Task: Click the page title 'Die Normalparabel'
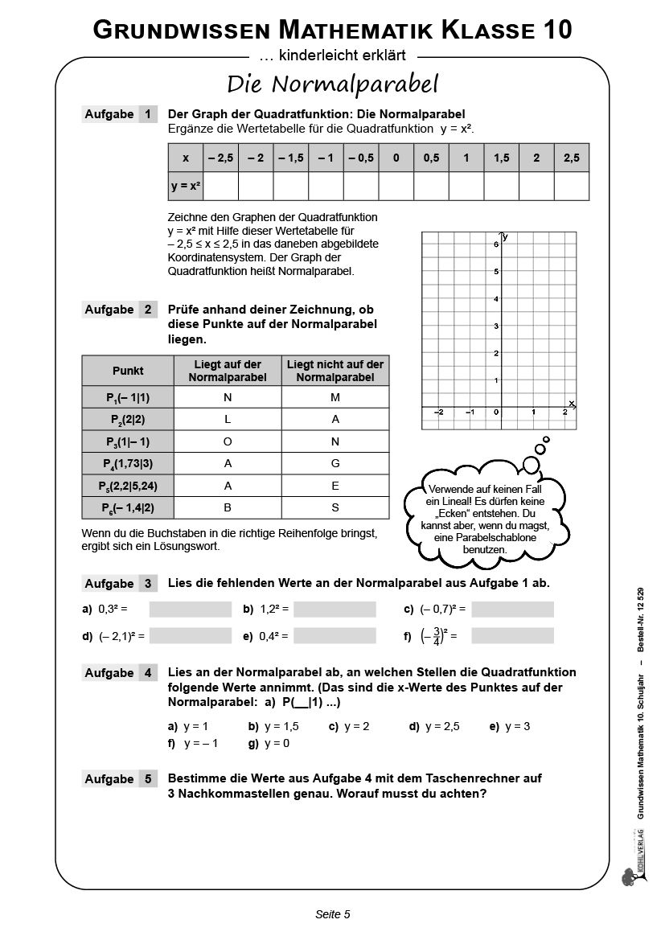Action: click(x=332, y=83)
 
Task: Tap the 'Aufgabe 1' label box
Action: click(x=120, y=114)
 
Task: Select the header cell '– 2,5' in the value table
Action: click(x=220, y=158)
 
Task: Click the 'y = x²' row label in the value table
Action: click(x=185, y=186)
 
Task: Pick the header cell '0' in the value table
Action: click(x=396, y=158)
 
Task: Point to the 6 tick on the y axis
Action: click(x=495, y=244)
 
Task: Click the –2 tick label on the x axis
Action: click(x=439, y=412)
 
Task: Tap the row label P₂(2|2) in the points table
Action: click(x=127, y=420)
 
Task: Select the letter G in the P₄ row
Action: click(x=335, y=463)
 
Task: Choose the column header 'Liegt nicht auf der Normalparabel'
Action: click(x=335, y=371)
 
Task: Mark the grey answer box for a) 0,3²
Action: click(x=190, y=610)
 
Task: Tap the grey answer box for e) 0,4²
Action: click(x=335, y=636)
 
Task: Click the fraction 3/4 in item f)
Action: click(x=436, y=636)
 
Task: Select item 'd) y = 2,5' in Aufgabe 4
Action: click(x=434, y=726)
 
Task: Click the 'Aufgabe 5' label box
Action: click(x=120, y=779)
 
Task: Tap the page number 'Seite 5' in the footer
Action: click(x=332, y=914)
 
